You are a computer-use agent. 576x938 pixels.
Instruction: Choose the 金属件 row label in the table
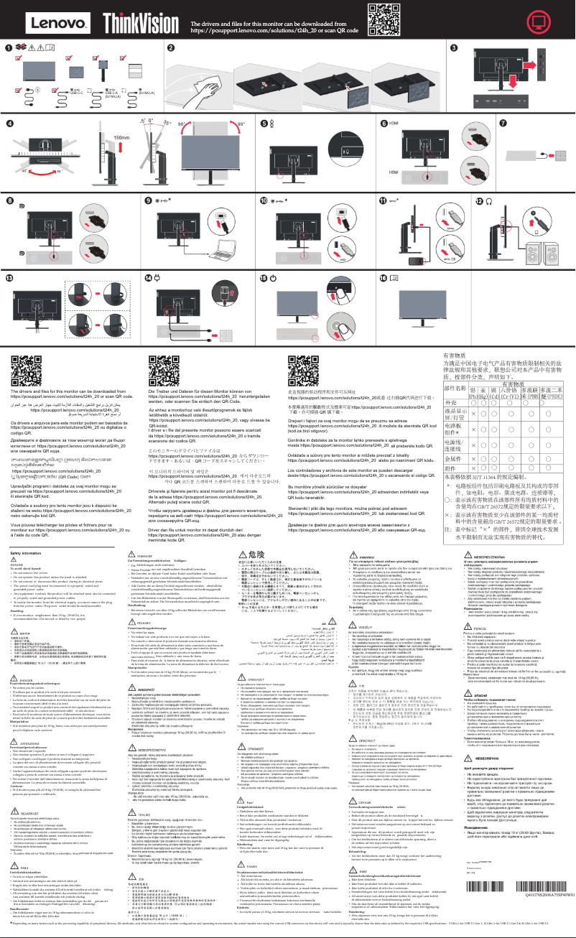[x=453, y=458]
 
